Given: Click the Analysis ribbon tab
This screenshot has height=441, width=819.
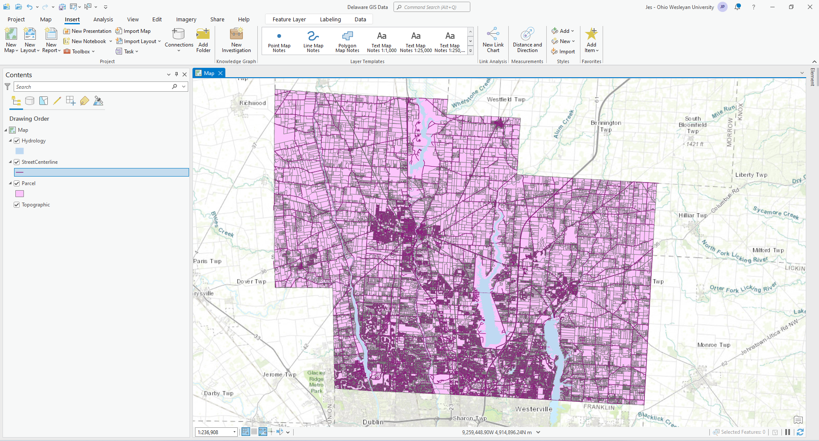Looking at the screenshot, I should click(x=103, y=20).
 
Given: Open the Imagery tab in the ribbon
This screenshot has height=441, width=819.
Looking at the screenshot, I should click(x=186, y=20).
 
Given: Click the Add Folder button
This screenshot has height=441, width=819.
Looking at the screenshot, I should click(x=203, y=41).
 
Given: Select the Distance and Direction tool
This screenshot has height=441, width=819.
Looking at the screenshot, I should click(x=527, y=41).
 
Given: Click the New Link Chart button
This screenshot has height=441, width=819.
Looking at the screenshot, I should click(x=493, y=41).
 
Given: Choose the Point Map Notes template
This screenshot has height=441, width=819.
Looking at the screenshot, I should click(x=279, y=41).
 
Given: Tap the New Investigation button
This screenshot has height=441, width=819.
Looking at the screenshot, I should click(x=236, y=41).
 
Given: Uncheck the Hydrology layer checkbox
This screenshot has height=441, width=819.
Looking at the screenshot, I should click(x=17, y=141).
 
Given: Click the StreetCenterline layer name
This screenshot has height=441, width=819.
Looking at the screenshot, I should click(x=40, y=162).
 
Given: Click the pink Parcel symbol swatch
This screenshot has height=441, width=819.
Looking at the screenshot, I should click(x=20, y=194).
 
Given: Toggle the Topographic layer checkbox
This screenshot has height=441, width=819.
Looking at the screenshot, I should click(x=17, y=205).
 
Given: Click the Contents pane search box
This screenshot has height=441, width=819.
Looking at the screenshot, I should click(x=93, y=87).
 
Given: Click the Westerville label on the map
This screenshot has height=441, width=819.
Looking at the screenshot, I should click(x=533, y=409).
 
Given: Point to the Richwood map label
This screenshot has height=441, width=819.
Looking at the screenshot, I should click(x=252, y=103).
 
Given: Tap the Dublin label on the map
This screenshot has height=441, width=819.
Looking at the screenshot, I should click(x=373, y=422).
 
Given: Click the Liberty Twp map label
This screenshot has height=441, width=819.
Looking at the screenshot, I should click(x=751, y=175).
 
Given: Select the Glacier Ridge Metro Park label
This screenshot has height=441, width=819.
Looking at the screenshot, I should click(x=316, y=382).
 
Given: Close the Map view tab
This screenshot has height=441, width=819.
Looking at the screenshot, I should click(x=221, y=73).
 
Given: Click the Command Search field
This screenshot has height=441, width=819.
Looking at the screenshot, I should click(x=431, y=7).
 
